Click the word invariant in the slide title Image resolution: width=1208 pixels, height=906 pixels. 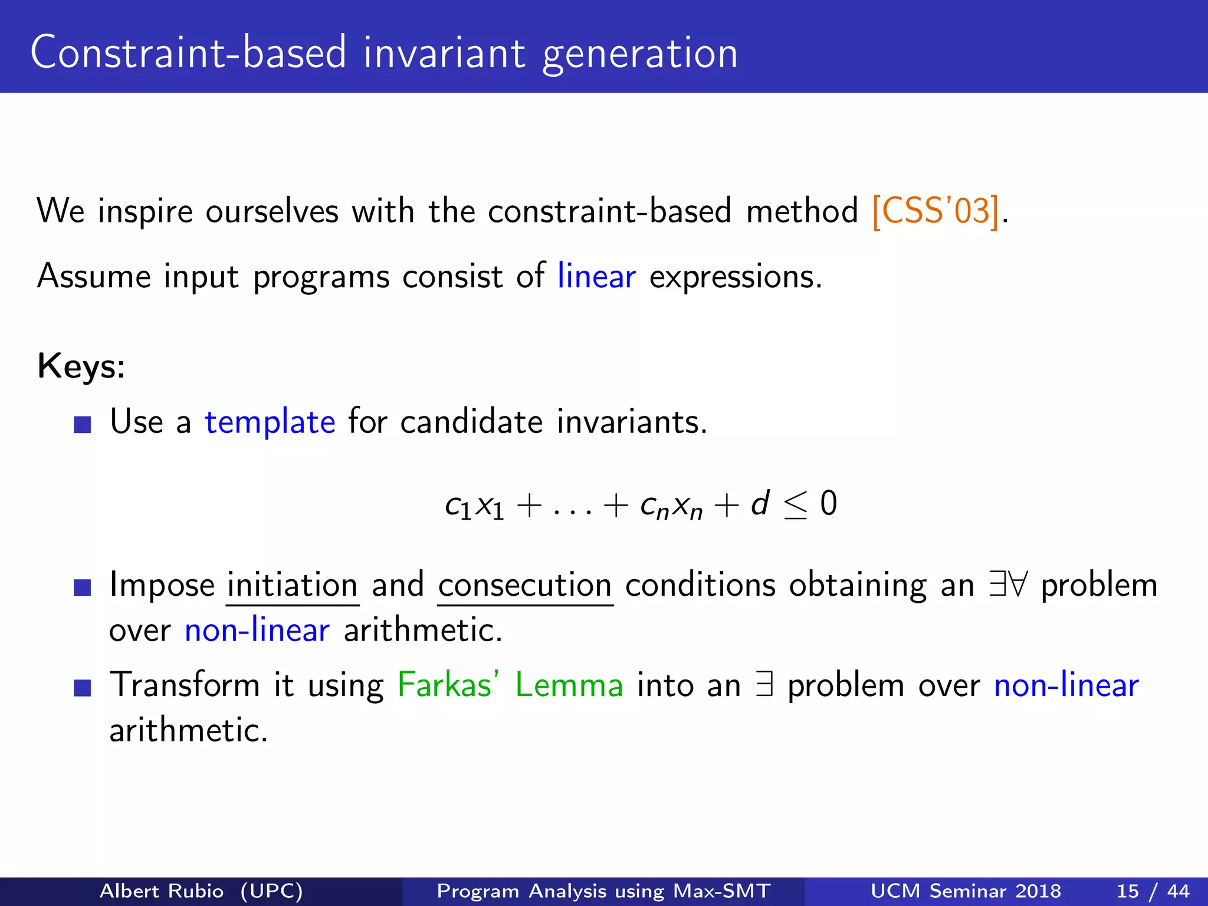pyautogui.click(x=444, y=53)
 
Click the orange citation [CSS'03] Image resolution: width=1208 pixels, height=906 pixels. pyautogui.click(x=935, y=211)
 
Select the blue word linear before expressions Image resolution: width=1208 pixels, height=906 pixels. pyautogui.click(x=596, y=276)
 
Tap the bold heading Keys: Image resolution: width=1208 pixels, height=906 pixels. pyautogui.click(x=81, y=366)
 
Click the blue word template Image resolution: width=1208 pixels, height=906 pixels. pyautogui.click(x=270, y=422)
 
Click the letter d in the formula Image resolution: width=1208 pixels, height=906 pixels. pyautogui.click(x=760, y=504)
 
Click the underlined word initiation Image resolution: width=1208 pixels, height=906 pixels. pyautogui.click(x=293, y=585)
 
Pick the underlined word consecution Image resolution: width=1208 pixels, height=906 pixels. pyautogui.click(x=525, y=585)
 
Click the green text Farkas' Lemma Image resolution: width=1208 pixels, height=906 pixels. pyautogui.click(x=510, y=685)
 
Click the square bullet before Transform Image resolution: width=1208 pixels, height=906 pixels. pyautogui.click(x=83, y=688)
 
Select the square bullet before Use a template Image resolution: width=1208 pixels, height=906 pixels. pyautogui.click(x=83, y=425)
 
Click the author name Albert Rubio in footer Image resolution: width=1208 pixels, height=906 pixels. pyautogui.click(x=162, y=891)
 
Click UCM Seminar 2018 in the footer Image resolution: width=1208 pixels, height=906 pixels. pyautogui.click(x=966, y=891)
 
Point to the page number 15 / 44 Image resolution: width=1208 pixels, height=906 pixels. pyautogui.click(x=1153, y=891)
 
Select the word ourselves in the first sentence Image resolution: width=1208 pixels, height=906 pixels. pyautogui.click(x=272, y=211)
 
